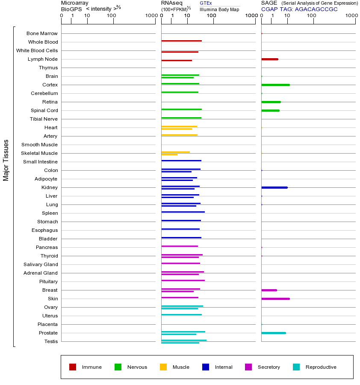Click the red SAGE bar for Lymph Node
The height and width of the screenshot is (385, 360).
click(270, 59)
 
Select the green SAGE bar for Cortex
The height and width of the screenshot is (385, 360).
click(275, 85)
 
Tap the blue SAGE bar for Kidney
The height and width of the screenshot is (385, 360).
click(274, 187)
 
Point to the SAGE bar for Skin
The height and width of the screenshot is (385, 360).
click(275, 299)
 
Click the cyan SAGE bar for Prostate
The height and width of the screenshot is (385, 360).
click(274, 333)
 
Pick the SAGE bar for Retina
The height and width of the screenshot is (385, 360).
click(271, 102)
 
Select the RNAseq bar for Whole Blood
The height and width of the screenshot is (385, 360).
click(181, 41)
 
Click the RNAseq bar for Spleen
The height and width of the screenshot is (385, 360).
click(183, 212)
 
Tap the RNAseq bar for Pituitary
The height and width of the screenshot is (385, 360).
click(183, 280)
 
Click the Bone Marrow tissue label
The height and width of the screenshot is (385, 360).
click(42, 33)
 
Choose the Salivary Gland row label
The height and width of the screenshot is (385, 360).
click(41, 264)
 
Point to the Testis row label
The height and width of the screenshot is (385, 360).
click(51, 341)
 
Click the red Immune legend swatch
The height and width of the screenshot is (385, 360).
click(73, 367)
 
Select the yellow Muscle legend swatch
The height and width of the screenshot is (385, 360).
click(163, 367)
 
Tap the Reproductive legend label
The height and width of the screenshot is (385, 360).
click(321, 367)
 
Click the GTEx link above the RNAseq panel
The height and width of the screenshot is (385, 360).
click(206, 3)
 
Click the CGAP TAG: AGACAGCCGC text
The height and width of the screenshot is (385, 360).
click(299, 9)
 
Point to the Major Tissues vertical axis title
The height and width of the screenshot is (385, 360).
click(6, 160)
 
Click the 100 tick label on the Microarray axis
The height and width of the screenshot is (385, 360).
click(111, 16)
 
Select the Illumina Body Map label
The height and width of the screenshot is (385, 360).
click(219, 9)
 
